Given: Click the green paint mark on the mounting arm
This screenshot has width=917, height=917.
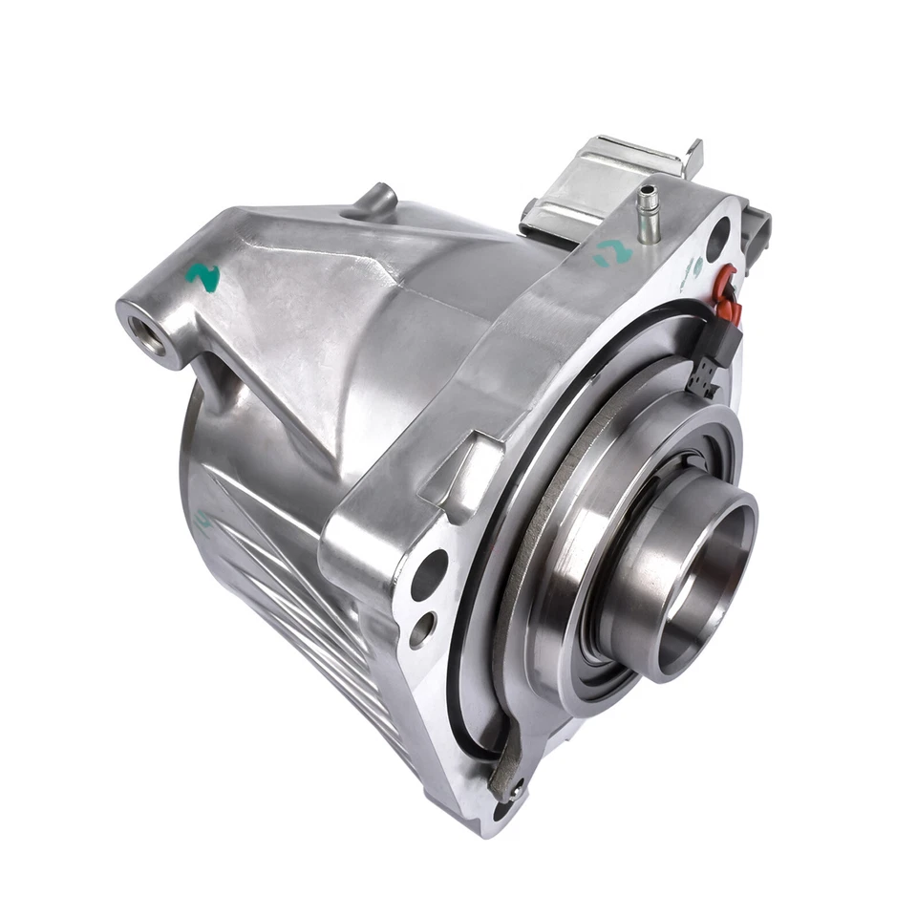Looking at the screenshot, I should (x=203, y=277).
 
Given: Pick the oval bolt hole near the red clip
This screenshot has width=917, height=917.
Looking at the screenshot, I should (x=718, y=233).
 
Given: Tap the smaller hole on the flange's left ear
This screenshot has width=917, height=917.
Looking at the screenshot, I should (x=421, y=629).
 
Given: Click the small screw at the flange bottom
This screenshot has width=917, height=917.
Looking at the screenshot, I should (x=516, y=789).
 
